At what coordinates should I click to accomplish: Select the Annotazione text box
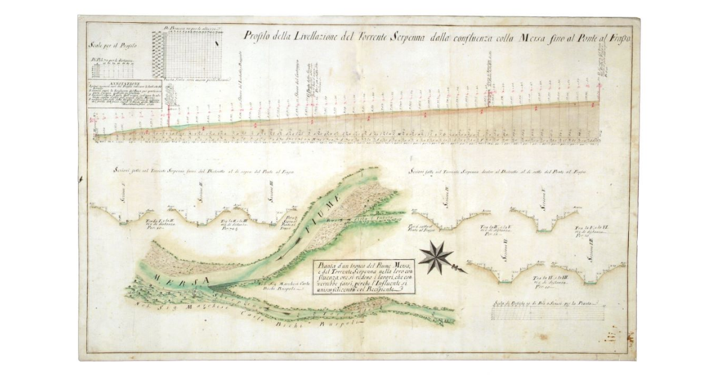[x=124, y=94]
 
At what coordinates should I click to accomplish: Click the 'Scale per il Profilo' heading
[x=113, y=45]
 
